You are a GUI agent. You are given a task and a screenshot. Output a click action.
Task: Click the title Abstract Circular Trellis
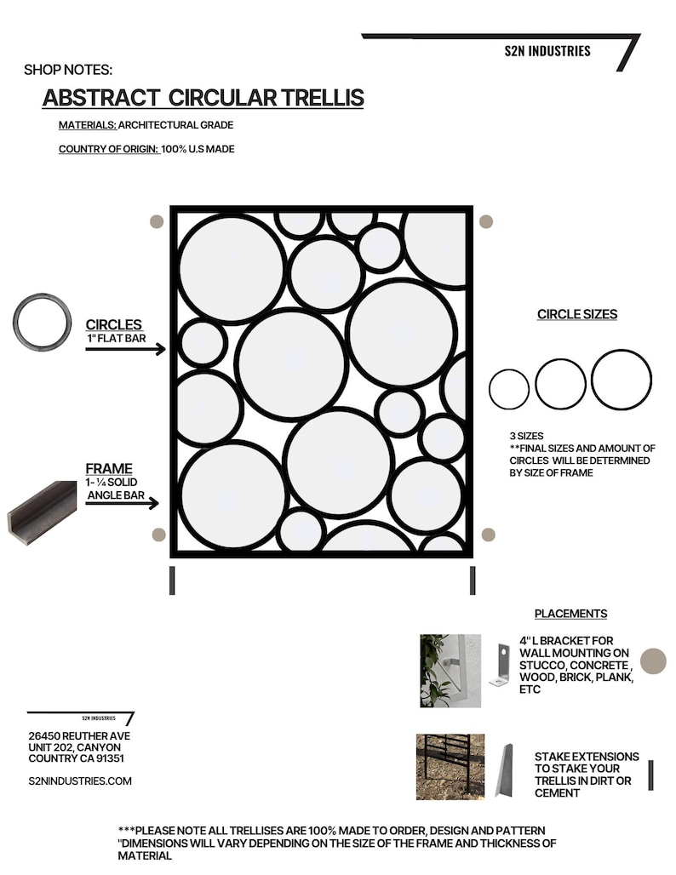click(x=203, y=98)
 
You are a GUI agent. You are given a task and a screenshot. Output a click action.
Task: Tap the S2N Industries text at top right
click(x=547, y=51)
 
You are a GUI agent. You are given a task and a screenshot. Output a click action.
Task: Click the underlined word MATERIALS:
click(x=87, y=125)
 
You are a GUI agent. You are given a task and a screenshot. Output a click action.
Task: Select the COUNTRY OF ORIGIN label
click(x=108, y=149)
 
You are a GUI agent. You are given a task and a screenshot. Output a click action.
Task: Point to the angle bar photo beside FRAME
click(x=42, y=511)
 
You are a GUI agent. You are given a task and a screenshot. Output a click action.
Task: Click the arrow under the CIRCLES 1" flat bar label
click(x=124, y=348)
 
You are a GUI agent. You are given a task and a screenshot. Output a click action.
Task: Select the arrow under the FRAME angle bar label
click(x=122, y=503)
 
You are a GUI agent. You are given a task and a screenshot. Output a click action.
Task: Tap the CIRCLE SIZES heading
click(x=576, y=314)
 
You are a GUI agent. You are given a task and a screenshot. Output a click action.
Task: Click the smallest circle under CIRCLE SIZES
click(x=509, y=389)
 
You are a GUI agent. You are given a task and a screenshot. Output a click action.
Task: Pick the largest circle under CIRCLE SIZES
click(x=622, y=380)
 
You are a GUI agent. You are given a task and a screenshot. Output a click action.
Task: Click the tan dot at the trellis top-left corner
click(x=156, y=221)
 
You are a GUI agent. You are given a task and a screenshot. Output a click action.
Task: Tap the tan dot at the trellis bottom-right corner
click(x=488, y=535)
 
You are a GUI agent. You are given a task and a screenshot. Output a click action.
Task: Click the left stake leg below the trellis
click(x=172, y=580)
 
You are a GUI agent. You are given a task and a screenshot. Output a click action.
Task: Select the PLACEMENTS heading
click(x=570, y=614)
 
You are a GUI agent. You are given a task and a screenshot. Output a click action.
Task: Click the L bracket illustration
click(x=499, y=664)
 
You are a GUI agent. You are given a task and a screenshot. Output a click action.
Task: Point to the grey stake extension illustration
click(x=505, y=770)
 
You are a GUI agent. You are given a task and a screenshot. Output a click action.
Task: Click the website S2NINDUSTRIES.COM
click(x=80, y=781)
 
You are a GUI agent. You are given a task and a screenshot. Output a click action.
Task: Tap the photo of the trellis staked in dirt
click(x=450, y=766)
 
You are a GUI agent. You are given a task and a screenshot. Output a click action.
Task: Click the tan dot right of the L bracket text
click(x=653, y=661)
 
